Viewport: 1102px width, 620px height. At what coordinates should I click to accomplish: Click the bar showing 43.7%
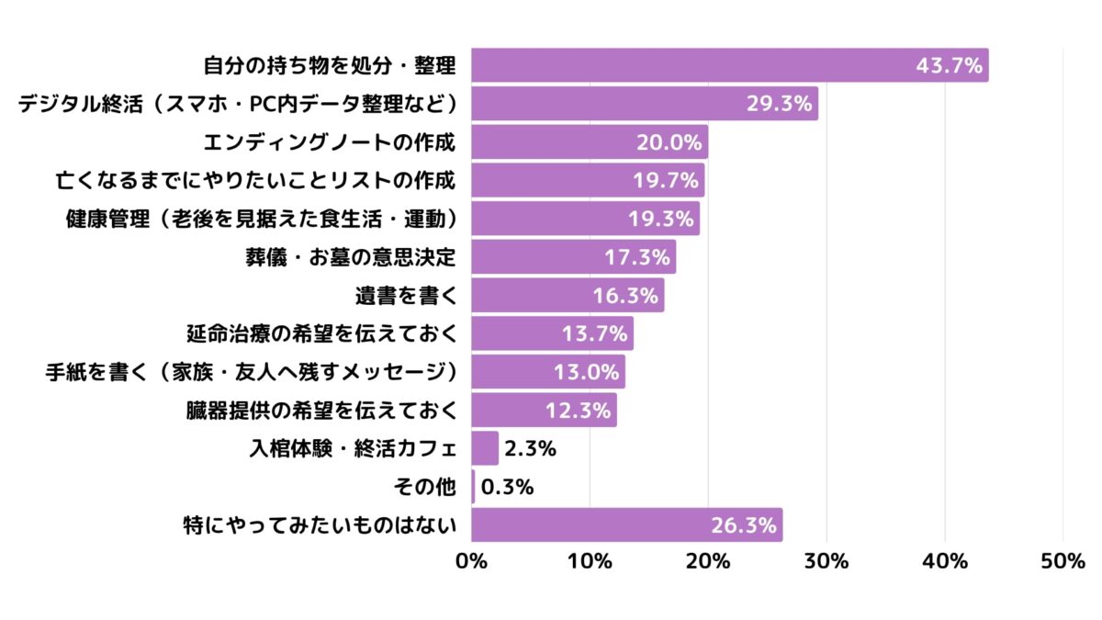coord(729,65)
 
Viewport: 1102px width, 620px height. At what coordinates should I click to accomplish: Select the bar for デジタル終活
coord(645,104)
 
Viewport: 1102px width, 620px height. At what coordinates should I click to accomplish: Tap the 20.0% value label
coord(669,142)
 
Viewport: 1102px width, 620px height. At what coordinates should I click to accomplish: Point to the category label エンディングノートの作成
coord(330,142)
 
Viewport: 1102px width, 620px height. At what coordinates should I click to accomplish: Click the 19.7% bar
coord(588,180)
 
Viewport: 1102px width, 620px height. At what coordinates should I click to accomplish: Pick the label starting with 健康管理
coord(261,219)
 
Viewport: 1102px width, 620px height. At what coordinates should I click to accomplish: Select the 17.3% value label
coord(636,257)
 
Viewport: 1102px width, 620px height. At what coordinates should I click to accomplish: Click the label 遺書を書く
coord(405,296)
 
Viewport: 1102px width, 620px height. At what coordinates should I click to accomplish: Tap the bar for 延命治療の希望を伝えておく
coord(552,333)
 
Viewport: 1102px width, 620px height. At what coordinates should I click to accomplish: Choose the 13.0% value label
coord(586,372)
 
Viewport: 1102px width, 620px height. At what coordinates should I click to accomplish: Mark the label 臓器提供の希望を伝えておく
coord(320,411)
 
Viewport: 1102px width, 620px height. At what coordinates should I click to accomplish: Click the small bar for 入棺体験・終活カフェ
coord(485,448)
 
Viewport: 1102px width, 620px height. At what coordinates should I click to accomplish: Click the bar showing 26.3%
coord(626,525)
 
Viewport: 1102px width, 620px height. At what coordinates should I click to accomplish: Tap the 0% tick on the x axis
coord(472,561)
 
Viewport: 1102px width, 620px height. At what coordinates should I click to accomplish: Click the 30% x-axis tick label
coord(826,561)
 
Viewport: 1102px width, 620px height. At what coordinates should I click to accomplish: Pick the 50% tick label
coord(1063,561)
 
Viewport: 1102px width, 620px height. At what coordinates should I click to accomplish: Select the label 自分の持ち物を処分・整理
coord(330,66)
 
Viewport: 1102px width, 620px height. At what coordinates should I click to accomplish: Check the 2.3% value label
coord(531,449)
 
